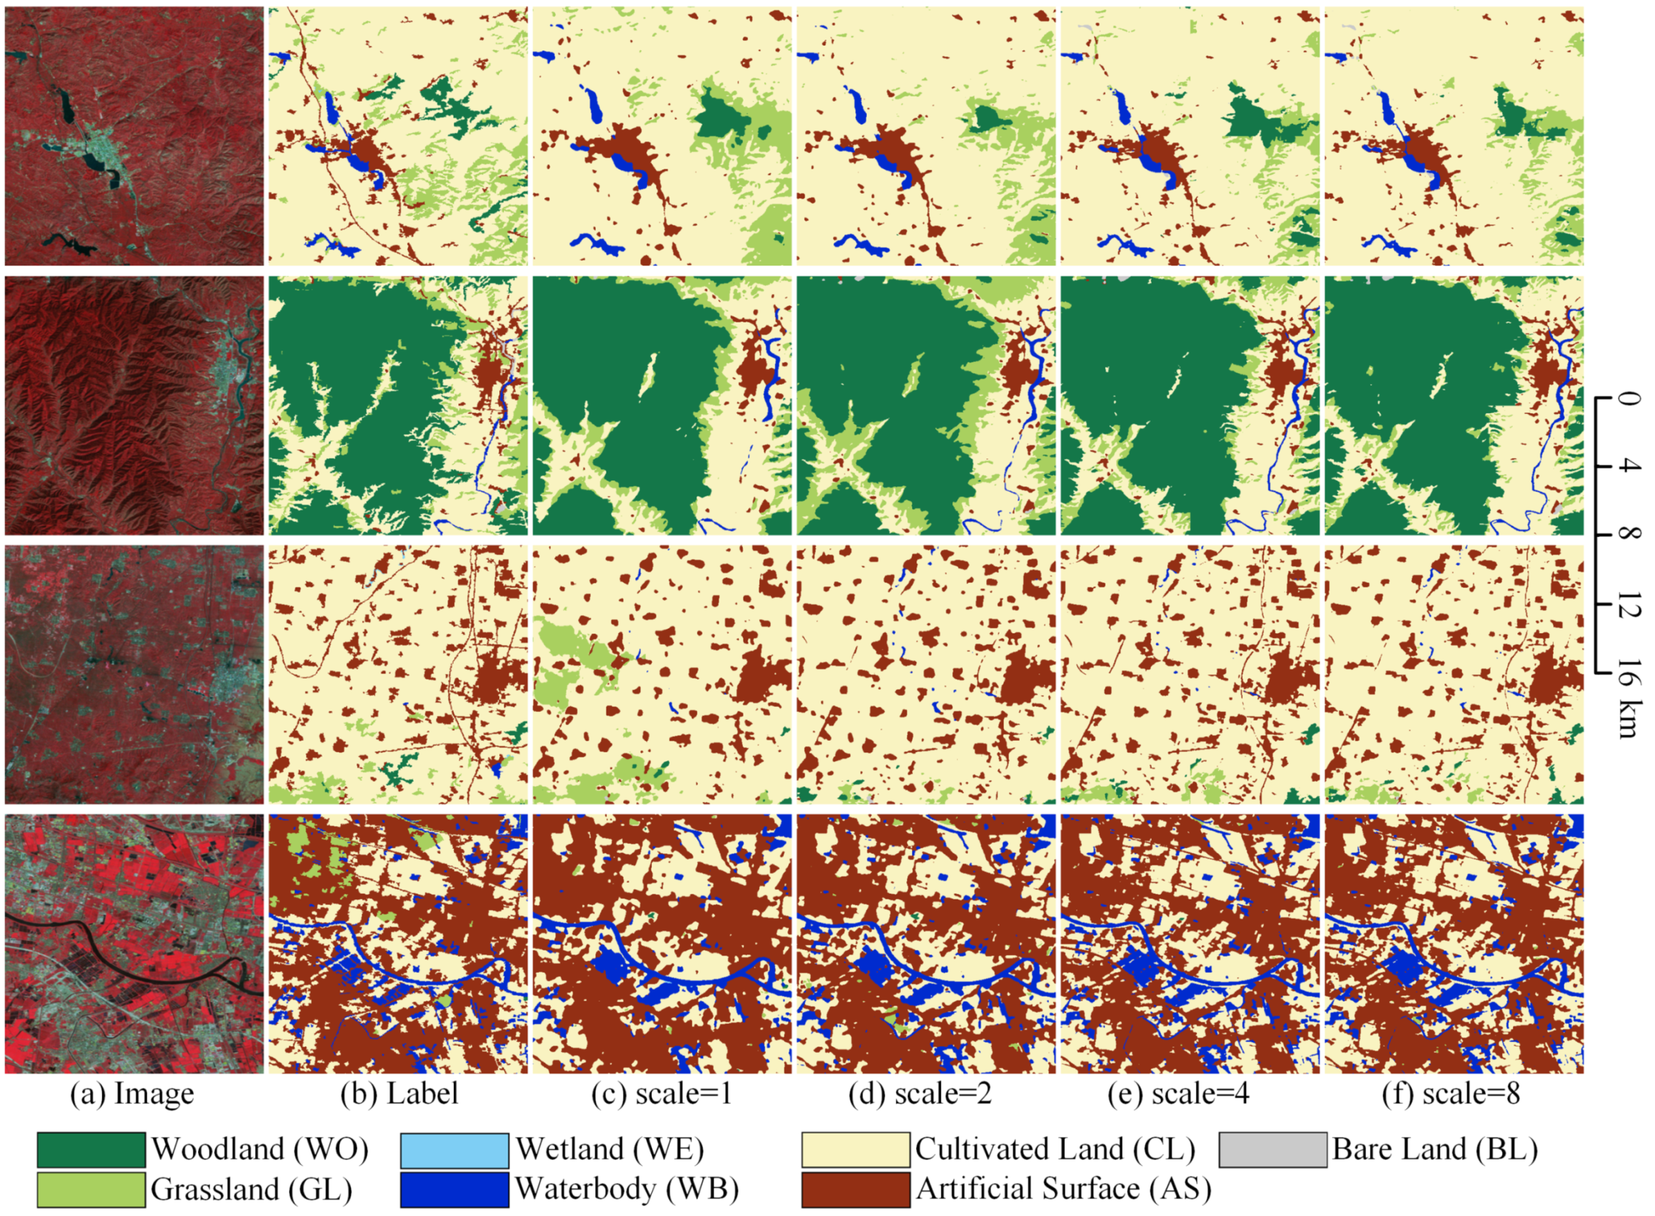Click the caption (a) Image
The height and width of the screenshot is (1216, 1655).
133,1094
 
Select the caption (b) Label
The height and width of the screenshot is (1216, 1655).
399,1094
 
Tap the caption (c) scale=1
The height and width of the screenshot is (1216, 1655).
661,1094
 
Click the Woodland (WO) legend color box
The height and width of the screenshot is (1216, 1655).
91,1150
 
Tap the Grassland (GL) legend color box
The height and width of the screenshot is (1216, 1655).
91,1190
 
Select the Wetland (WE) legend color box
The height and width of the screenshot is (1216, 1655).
455,1150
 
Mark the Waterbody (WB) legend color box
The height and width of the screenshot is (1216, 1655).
455,1190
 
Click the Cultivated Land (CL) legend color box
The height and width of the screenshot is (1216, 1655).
856,1150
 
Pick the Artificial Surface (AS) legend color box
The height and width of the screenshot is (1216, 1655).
856,1190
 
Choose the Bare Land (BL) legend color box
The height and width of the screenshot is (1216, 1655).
1272,1150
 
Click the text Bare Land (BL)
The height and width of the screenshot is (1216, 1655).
1434,1150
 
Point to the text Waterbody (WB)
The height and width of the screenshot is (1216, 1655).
626,1190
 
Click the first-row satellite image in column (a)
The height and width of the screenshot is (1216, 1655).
134,136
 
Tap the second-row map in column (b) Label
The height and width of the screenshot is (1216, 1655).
398,405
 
